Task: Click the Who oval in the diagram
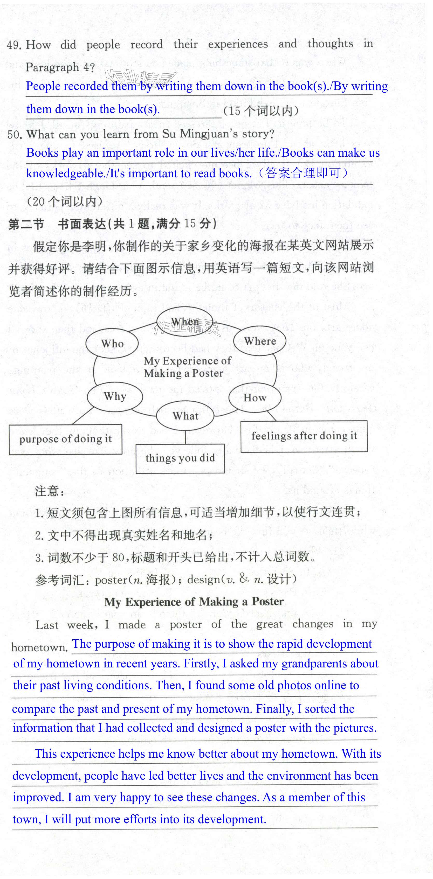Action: click(112, 343)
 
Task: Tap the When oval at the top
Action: click(185, 322)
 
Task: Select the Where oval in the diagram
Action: click(260, 341)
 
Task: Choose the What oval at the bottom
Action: click(185, 416)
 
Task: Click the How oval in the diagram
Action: click(255, 397)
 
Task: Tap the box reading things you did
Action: click(180, 458)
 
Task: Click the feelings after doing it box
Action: click(304, 436)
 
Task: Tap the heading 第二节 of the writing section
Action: click(26, 224)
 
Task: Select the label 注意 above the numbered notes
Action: click(50, 491)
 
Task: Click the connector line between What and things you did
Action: click(185, 437)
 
